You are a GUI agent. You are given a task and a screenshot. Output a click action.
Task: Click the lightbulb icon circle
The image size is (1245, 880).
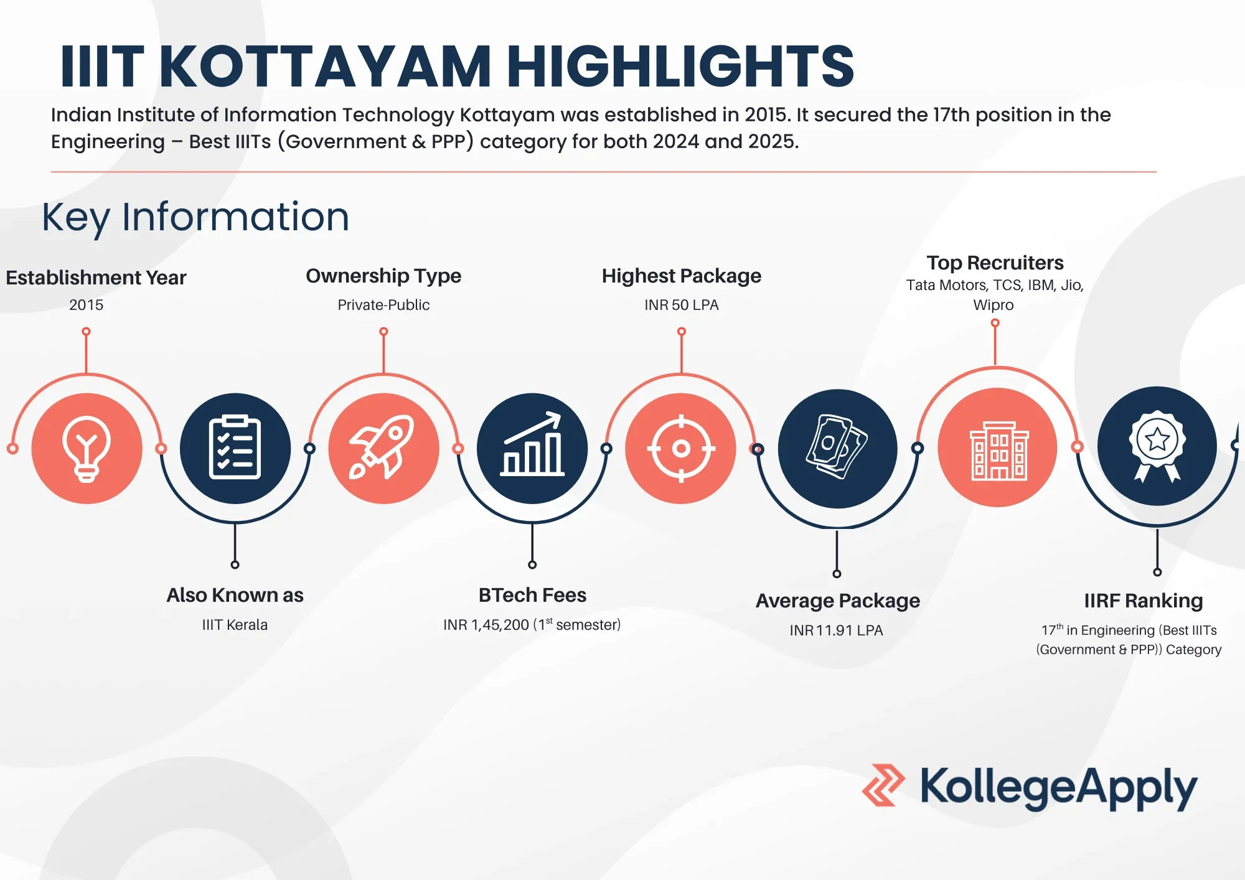click(87, 448)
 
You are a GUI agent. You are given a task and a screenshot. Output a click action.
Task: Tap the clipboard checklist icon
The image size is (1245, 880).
click(235, 448)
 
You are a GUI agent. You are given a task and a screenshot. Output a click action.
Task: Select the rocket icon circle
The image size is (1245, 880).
click(383, 448)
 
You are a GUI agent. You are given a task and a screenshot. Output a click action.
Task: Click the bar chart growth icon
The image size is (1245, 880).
click(532, 448)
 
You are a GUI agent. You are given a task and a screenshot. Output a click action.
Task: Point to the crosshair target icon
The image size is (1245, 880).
click(681, 448)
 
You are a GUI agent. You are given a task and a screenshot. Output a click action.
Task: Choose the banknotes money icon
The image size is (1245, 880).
click(837, 448)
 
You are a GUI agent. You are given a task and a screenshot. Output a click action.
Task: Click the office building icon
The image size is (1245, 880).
click(997, 448)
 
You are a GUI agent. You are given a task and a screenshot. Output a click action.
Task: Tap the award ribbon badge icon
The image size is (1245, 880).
click(1157, 446)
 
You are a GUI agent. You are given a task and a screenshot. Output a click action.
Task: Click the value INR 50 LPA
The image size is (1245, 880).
click(681, 305)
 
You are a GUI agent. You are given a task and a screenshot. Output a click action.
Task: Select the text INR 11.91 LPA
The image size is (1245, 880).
click(836, 630)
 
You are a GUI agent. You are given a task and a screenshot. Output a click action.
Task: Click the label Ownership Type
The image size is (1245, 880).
click(383, 276)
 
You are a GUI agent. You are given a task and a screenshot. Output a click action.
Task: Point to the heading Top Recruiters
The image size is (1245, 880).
click(995, 263)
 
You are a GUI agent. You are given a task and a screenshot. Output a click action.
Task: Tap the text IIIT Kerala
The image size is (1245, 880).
click(235, 625)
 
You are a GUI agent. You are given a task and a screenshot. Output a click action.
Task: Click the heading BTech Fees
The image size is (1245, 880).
click(532, 595)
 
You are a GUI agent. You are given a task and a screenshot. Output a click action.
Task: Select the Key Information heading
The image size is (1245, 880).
click(195, 217)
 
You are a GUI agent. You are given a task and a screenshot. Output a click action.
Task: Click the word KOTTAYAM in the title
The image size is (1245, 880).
click(326, 67)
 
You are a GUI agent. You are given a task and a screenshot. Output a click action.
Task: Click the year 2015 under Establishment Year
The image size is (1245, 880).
click(86, 305)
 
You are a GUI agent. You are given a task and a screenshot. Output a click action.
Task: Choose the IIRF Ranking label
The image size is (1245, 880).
click(1143, 601)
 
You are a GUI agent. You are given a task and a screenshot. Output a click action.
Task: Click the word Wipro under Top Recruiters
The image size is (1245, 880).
click(994, 305)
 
